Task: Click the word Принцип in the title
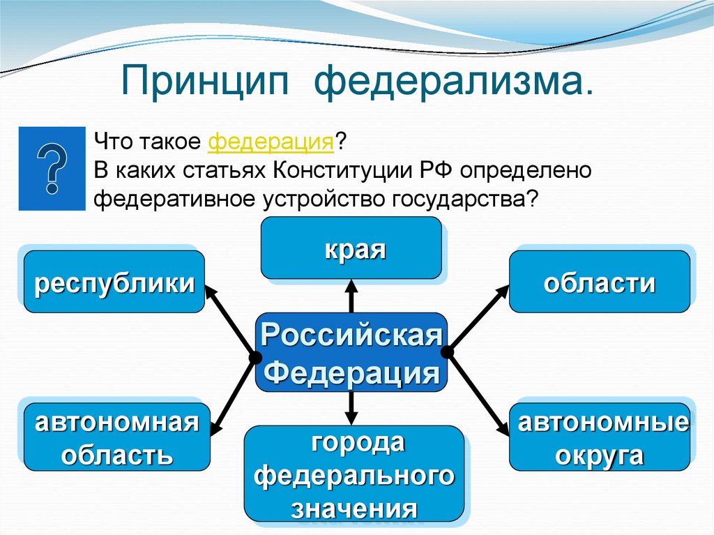[x=208, y=82]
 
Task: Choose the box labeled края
[x=351, y=248]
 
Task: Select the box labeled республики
[x=114, y=282]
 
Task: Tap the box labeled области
[x=600, y=282]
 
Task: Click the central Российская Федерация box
[x=351, y=352]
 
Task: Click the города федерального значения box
[x=354, y=474]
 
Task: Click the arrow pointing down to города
[x=351, y=411]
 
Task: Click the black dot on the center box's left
[x=252, y=358]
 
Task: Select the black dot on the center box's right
[x=448, y=353]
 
